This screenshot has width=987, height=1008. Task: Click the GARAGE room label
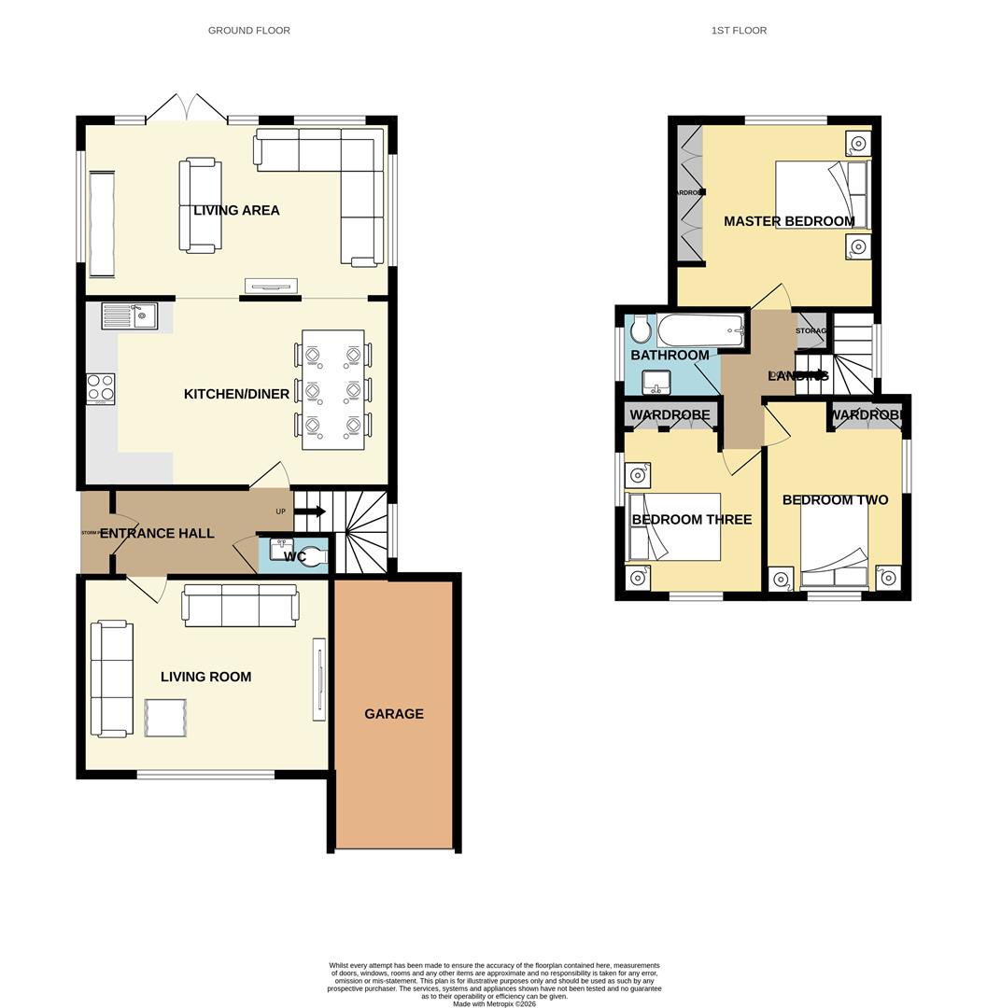coord(393,714)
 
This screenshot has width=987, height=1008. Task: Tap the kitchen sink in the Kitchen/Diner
coord(131,316)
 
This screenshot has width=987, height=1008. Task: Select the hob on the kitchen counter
coord(101,388)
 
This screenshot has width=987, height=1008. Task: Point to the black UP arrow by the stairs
coord(310,511)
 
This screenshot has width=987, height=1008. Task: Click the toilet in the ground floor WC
coord(316,556)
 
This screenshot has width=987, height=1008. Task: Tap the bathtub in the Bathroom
coord(700,329)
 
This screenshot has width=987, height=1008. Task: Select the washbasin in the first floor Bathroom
coord(656,381)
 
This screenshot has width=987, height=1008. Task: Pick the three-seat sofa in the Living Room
coord(241,606)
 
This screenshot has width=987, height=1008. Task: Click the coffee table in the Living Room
coord(166,719)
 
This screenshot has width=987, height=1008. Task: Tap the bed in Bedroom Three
coord(674,527)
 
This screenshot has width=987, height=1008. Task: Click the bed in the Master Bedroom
coord(821,195)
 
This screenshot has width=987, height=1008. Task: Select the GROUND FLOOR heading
coord(248,31)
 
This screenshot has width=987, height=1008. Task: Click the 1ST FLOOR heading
coord(739,31)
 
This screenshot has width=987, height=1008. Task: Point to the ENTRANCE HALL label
coord(157,534)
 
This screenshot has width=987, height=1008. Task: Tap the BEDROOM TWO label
coord(835,500)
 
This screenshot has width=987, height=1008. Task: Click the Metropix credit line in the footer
coord(494,1003)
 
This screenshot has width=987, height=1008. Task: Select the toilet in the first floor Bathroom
coord(641,330)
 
